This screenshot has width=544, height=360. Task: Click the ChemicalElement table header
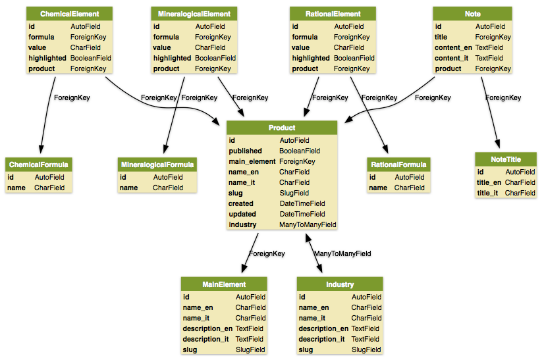tap(69, 14)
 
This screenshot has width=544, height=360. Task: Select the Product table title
tap(282, 128)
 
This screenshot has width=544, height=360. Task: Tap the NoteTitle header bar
tap(506, 159)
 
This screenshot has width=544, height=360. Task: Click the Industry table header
tap(340, 284)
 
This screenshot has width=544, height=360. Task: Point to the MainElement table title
tap(224, 284)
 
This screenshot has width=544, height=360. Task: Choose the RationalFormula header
tap(398, 165)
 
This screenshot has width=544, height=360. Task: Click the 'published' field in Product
tap(245, 151)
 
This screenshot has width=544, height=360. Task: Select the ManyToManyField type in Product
tap(308, 224)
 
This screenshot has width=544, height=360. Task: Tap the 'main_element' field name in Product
tap(252, 162)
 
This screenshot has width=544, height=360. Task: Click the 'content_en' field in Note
tap(453, 47)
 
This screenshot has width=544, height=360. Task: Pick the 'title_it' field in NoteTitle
tap(487, 193)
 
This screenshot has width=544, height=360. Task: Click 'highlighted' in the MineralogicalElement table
tap(172, 58)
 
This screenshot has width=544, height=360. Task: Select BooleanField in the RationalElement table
tap(354, 58)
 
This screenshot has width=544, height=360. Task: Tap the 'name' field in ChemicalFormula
tap(16, 188)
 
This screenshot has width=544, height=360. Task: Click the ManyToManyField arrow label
tap(342, 253)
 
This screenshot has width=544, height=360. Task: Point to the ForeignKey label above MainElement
tap(267, 253)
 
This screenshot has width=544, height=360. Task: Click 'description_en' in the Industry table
tap(323, 329)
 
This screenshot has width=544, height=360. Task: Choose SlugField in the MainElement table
tap(250, 349)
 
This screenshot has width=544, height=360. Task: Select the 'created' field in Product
tap(241, 203)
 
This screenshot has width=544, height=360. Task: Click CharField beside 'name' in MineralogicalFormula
tap(168, 188)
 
